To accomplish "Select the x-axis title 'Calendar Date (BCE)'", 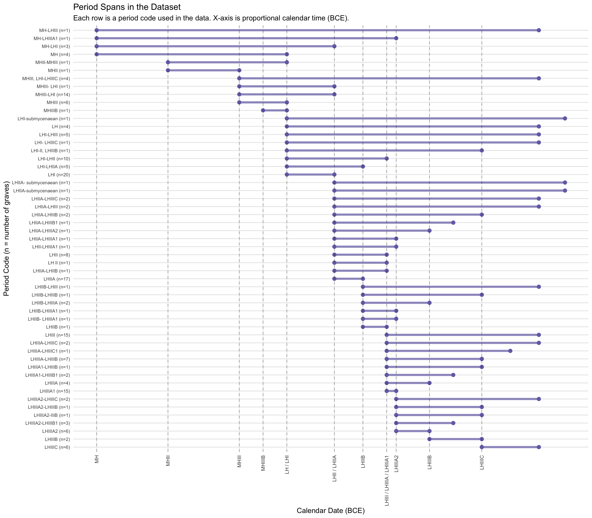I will pos(331,510).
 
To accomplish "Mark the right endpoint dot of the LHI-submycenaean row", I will pos(565,119).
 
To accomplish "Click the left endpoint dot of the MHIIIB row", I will pos(263,110).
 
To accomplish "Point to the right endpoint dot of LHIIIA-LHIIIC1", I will pos(510,351).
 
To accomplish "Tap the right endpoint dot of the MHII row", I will pos(239,70).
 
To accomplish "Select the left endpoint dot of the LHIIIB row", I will pos(430,439).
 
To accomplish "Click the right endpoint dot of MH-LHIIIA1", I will pos(396,38).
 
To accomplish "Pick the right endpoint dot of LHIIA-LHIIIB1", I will pos(453,223).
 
